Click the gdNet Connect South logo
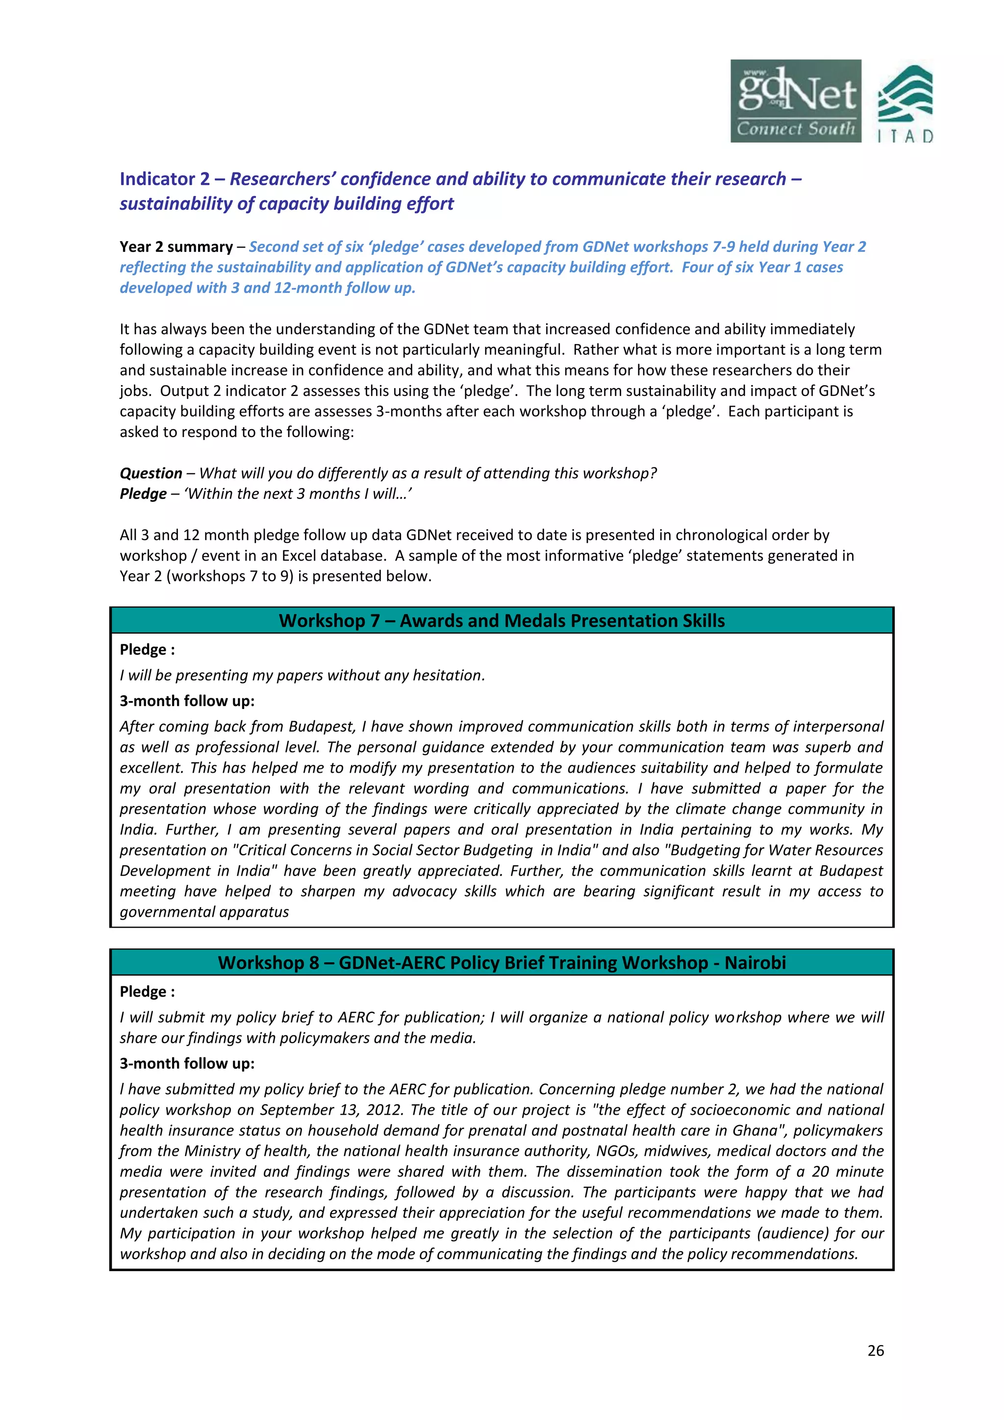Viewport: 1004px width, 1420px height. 796,101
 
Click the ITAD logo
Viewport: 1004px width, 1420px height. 905,104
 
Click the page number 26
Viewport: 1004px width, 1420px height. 876,1350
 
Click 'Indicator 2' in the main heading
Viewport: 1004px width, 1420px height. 165,179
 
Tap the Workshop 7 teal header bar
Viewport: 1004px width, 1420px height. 502,620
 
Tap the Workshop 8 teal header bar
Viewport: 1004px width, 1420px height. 502,962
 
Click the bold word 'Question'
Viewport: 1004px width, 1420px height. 151,473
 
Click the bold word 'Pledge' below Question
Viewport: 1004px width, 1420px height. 143,493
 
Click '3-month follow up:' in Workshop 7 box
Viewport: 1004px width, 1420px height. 187,701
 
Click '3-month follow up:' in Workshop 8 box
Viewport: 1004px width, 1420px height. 187,1063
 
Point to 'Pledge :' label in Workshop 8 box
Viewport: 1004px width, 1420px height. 147,991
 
